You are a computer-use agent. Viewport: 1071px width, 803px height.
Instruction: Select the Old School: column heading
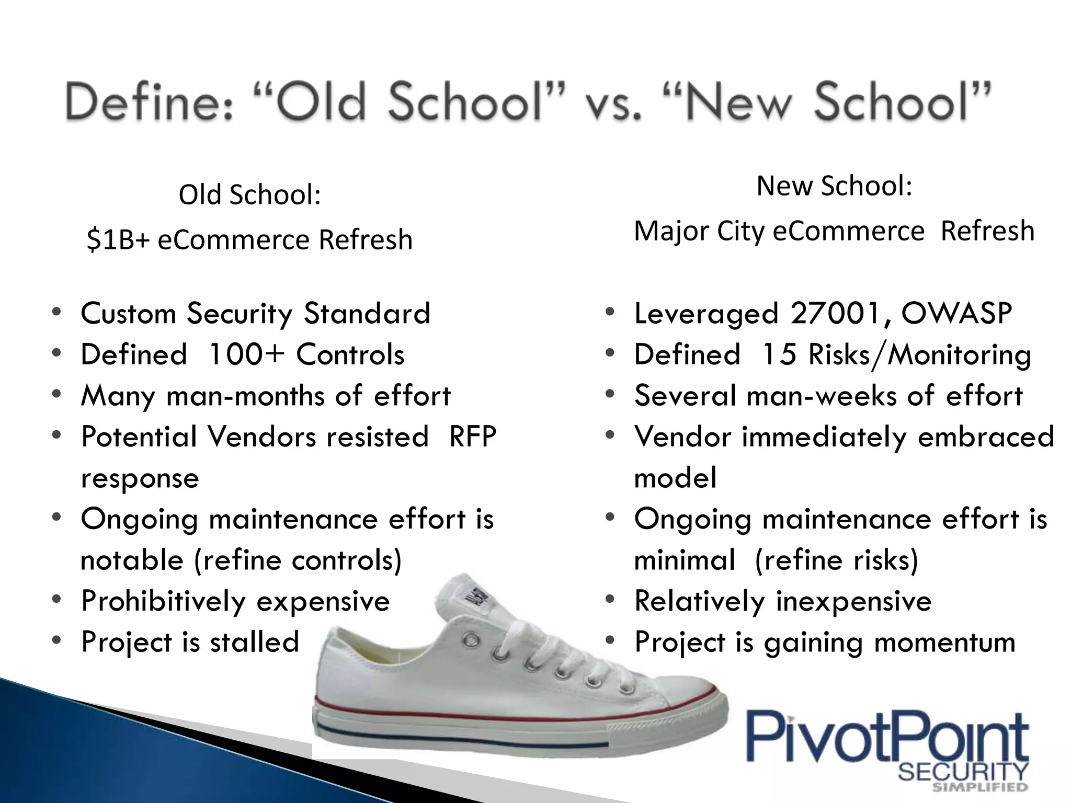(x=249, y=195)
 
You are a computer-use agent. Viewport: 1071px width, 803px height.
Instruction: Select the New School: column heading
(x=834, y=186)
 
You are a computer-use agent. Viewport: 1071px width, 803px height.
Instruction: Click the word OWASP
(x=956, y=313)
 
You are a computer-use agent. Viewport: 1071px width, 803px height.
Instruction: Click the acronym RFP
(x=472, y=437)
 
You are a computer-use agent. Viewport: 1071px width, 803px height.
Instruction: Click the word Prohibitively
(x=163, y=601)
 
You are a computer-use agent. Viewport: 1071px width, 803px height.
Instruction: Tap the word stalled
(x=254, y=642)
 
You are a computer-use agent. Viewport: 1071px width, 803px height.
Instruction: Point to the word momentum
(x=944, y=642)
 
